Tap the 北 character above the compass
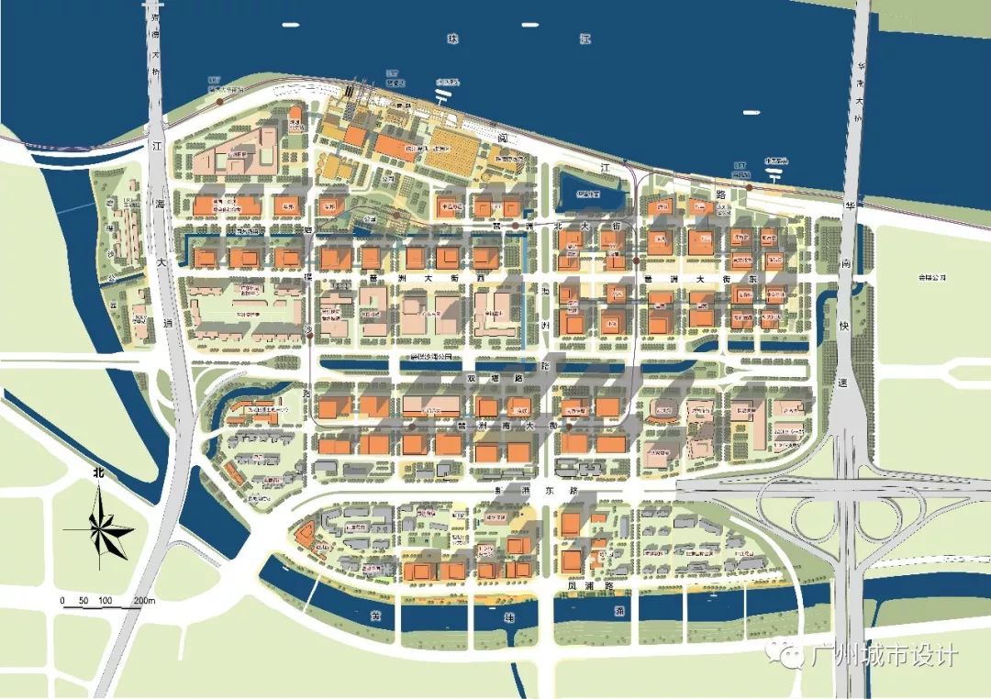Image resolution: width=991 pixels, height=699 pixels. point(98,474)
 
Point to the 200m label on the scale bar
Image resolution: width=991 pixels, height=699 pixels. point(145,601)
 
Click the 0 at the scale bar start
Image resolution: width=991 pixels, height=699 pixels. point(62,601)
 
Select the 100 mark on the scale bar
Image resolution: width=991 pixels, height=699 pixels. point(105,601)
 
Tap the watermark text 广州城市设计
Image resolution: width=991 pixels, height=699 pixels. point(885,656)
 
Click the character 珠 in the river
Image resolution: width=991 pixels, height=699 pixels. point(451,39)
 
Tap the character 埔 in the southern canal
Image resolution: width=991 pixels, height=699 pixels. point(510,617)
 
